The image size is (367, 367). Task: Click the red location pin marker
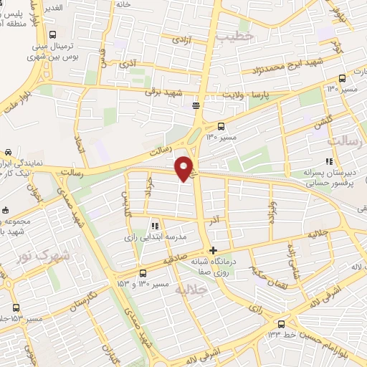point(185,168)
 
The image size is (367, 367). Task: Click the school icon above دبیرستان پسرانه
point(329,162)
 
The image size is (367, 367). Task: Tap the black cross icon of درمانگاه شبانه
point(211,250)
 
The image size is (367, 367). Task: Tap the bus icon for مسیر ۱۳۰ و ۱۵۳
point(143,273)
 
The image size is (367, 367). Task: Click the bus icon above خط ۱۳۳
point(280,323)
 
